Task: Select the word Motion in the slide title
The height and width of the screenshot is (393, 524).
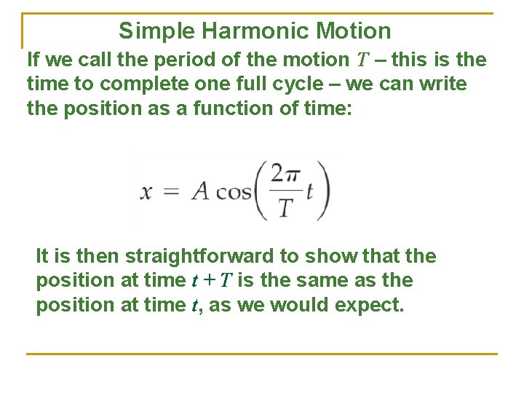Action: click(x=354, y=31)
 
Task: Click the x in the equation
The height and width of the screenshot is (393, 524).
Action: click(x=146, y=192)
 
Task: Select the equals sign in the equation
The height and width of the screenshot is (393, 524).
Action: click(x=172, y=192)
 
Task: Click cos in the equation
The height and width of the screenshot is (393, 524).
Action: click(x=234, y=192)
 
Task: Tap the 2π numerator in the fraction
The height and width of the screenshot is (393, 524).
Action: click(x=285, y=175)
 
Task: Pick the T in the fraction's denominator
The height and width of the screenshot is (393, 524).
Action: click(x=285, y=208)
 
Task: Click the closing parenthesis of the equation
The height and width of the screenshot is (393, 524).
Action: click(x=323, y=191)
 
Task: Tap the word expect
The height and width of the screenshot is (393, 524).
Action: click(x=368, y=305)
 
